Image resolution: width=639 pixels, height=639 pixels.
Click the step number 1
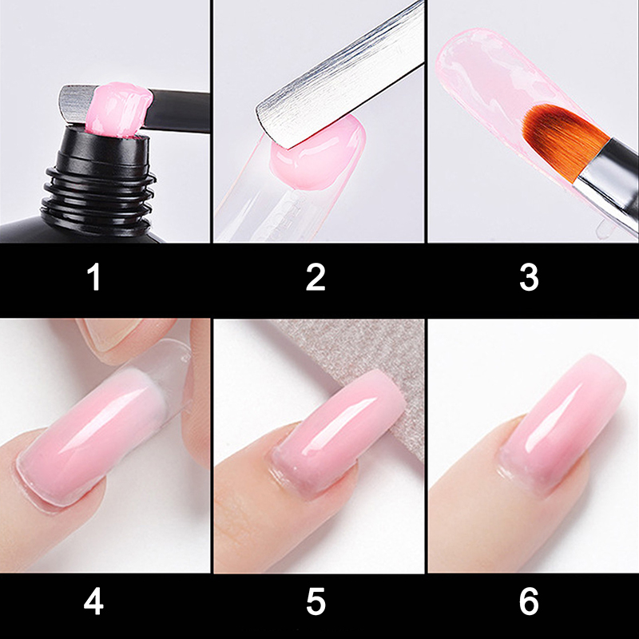[x=94, y=276]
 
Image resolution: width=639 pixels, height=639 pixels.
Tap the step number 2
[x=316, y=277]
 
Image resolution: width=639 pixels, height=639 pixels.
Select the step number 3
[x=529, y=277]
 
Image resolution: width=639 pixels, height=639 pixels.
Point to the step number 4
[x=93, y=601]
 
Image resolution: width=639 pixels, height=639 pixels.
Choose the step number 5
[x=316, y=601]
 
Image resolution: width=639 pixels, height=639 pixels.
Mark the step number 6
[x=529, y=601]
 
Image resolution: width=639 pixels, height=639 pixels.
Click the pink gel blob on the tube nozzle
[x=118, y=110]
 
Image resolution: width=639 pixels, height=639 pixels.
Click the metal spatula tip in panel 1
[x=75, y=104]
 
